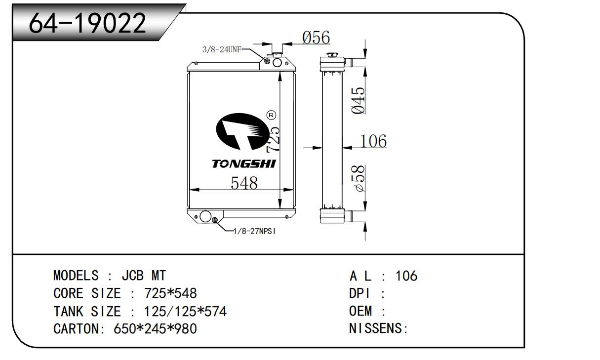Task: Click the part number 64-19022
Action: click(88, 23)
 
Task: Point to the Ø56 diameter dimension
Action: click(316, 38)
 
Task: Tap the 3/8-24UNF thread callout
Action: click(221, 50)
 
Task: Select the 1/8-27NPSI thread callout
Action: click(254, 231)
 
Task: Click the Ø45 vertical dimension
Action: click(359, 100)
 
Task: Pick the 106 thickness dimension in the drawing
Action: click(373, 141)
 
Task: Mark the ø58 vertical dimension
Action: click(359, 178)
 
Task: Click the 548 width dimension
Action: click(244, 183)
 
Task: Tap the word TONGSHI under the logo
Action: click(244, 163)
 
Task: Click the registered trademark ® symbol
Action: click(271, 115)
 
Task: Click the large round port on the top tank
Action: click(277, 62)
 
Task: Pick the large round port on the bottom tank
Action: click(204, 216)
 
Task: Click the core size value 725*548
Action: click(170, 293)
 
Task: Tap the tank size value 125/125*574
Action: click(185, 311)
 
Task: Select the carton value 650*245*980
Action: click(155, 328)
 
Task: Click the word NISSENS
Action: click(376, 328)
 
